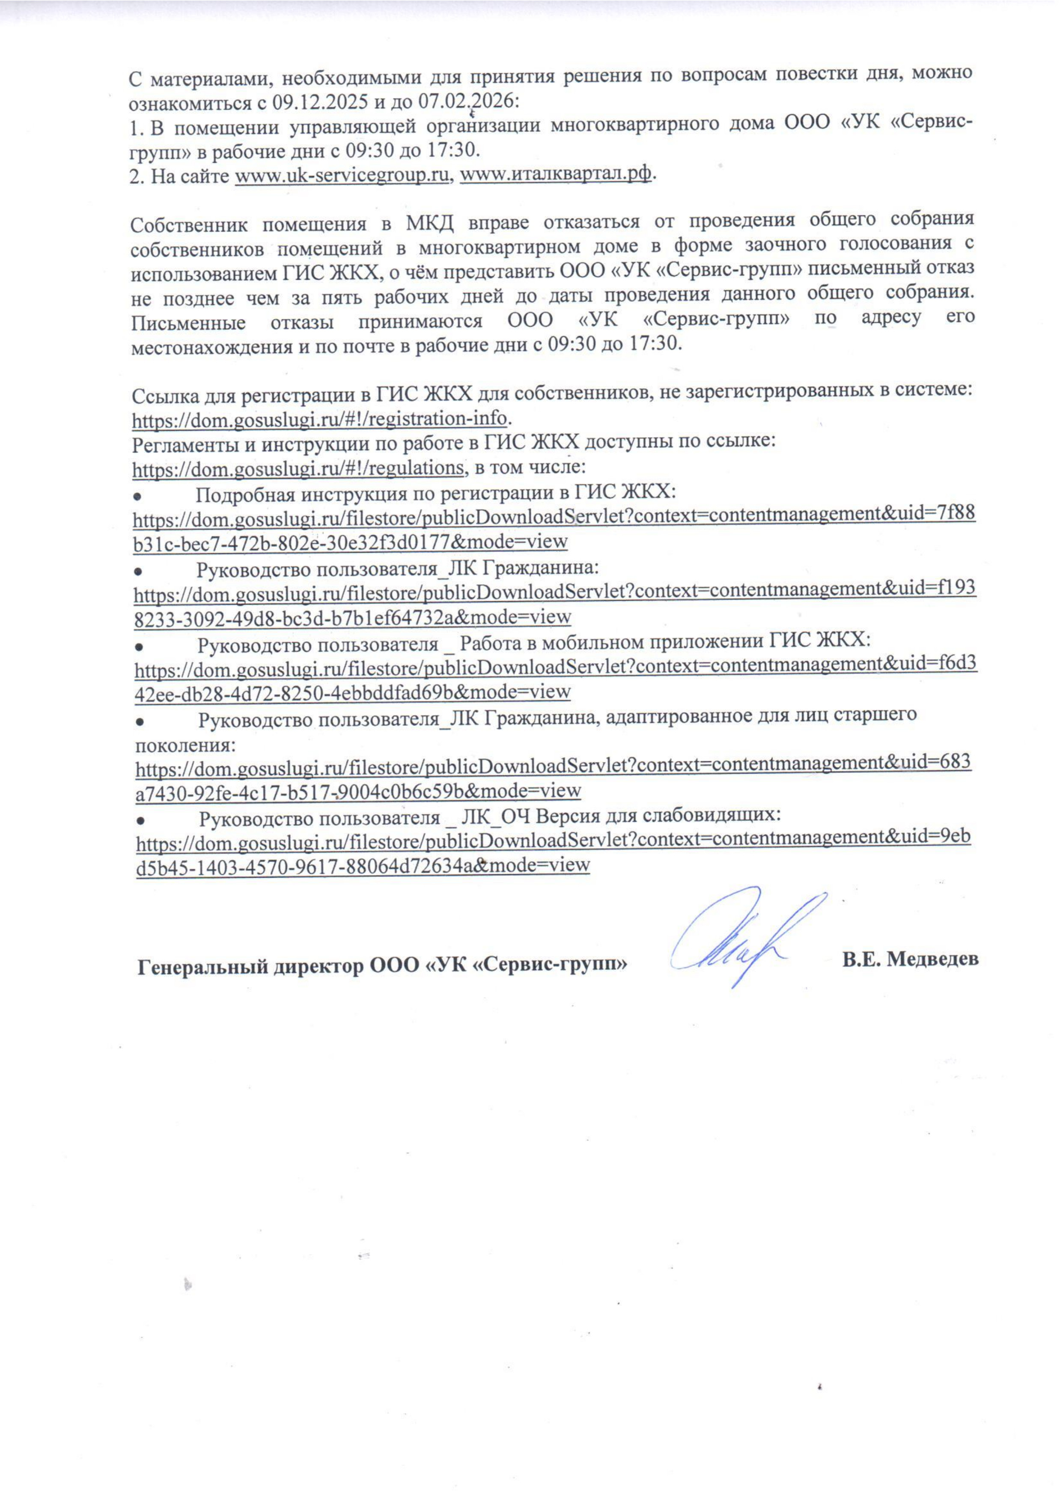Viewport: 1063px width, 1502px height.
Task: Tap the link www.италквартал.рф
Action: click(x=557, y=176)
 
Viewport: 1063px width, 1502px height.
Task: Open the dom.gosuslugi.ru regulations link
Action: click(x=298, y=468)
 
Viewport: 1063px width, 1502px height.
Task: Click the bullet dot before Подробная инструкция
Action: click(x=139, y=494)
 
